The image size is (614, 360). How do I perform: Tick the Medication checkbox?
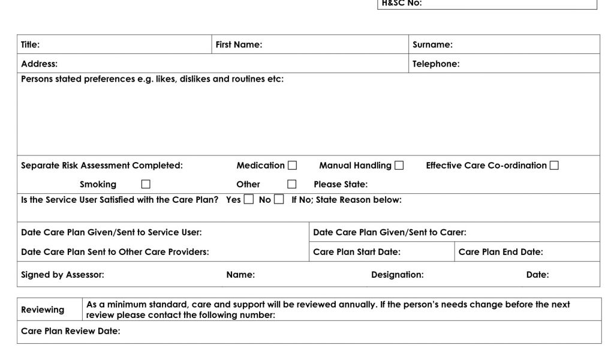(293, 166)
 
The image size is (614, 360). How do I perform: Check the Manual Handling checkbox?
(399, 166)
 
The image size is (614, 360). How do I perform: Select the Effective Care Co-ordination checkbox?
(554, 166)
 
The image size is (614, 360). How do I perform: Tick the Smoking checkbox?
(146, 184)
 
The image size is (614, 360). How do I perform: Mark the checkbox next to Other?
(292, 184)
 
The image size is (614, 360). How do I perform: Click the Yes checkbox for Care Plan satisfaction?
(249, 200)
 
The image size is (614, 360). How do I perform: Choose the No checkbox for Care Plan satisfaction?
(279, 200)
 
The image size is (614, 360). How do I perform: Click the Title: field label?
(31, 44)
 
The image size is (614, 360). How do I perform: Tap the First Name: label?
(239, 44)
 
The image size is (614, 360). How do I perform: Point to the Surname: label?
(432, 44)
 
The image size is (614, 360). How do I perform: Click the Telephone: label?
(436, 64)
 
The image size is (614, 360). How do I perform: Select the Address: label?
(40, 64)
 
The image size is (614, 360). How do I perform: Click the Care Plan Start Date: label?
(357, 252)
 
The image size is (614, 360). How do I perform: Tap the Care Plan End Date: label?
(501, 252)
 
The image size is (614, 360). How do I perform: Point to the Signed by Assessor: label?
(62, 275)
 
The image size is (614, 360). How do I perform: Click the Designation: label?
(397, 275)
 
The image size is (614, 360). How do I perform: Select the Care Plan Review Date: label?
(70, 331)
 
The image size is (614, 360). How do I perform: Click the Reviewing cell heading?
(43, 310)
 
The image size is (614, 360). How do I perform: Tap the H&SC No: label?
(402, 3)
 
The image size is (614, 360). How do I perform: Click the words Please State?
(341, 184)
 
